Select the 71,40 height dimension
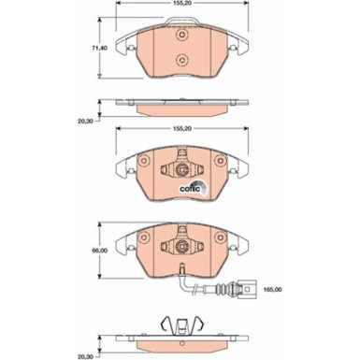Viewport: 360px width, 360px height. pos(85,46)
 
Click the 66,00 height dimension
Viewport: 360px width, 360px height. pos(85,252)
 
